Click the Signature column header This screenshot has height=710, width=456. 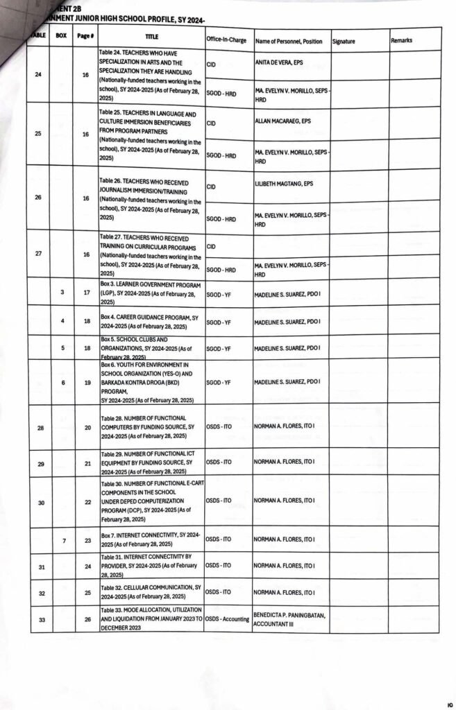(x=344, y=42)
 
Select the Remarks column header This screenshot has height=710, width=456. (x=401, y=41)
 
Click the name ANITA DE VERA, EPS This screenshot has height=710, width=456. (x=282, y=63)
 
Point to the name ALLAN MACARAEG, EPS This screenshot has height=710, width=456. (x=282, y=121)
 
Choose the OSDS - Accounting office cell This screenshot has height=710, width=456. (x=228, y=618)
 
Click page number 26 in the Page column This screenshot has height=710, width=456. (x=87, y=619)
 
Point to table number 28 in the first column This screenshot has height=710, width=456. (x=40, y=428)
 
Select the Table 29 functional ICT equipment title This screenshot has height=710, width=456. (x=149, y=462)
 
